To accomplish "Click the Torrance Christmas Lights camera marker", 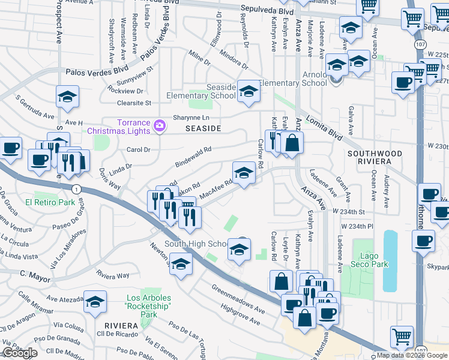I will pos(160,125).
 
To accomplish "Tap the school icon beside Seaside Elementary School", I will pos(246,91).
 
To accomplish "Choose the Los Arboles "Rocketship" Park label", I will pos(149,306).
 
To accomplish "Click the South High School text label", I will pos(196,244).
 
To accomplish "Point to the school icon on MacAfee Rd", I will pos(243,173).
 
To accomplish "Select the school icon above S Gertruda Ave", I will pos(67,95).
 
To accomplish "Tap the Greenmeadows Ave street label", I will pos(238,298).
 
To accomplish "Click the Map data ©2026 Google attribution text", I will pos(412,355).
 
